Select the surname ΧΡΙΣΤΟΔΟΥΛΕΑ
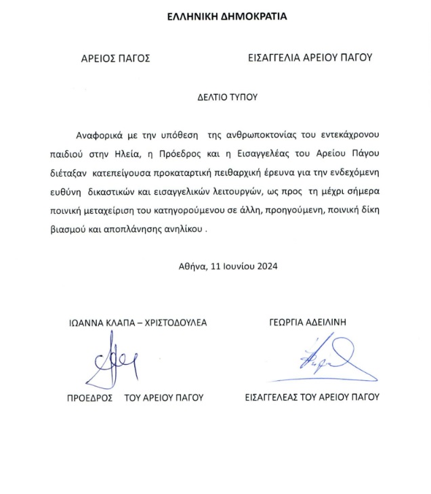coord(175,322)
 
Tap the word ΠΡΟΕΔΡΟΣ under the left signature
coord(89,397)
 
